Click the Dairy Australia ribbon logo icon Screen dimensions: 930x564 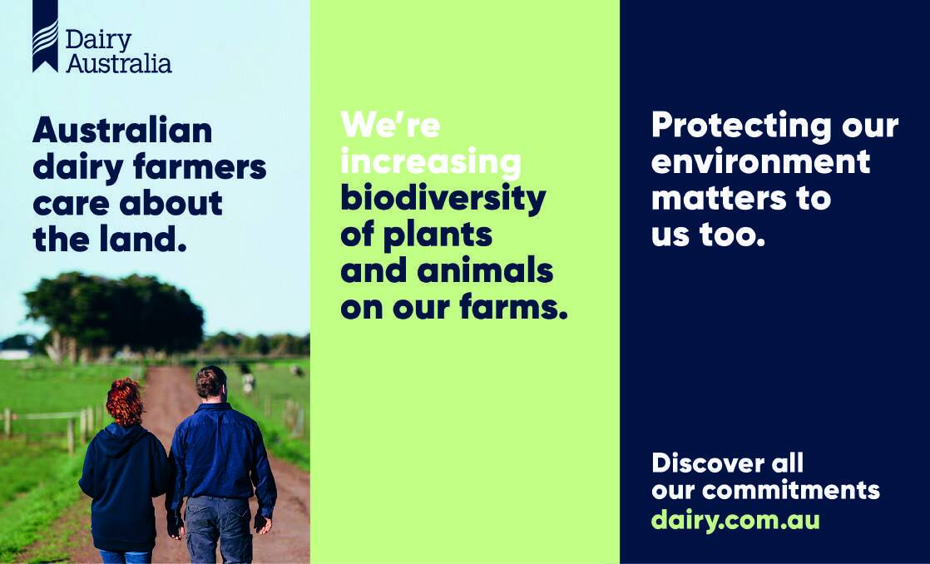point(45,36)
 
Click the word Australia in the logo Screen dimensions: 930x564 point(119,63)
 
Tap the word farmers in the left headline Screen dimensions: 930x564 point(200,168)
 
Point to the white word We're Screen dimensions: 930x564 point(390,124)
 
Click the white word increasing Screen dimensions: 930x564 point(431,162)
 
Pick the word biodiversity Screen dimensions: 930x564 point(443,200)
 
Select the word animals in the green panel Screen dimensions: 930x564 point(485,271)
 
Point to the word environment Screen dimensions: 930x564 point(760,161)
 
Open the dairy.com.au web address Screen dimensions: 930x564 point(735,521)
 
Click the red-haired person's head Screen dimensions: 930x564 point(125,402)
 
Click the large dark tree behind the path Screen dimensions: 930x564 point(114,313)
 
